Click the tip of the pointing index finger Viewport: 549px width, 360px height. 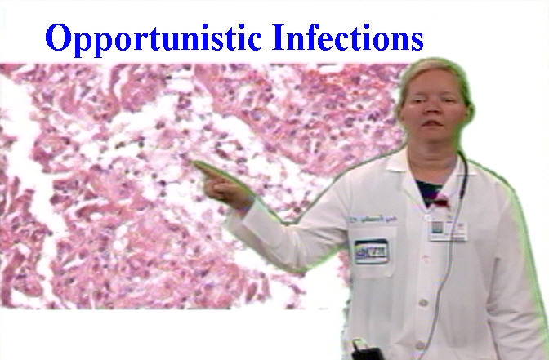click(196, 164)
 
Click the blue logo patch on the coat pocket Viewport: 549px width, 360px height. click(371, 251)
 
